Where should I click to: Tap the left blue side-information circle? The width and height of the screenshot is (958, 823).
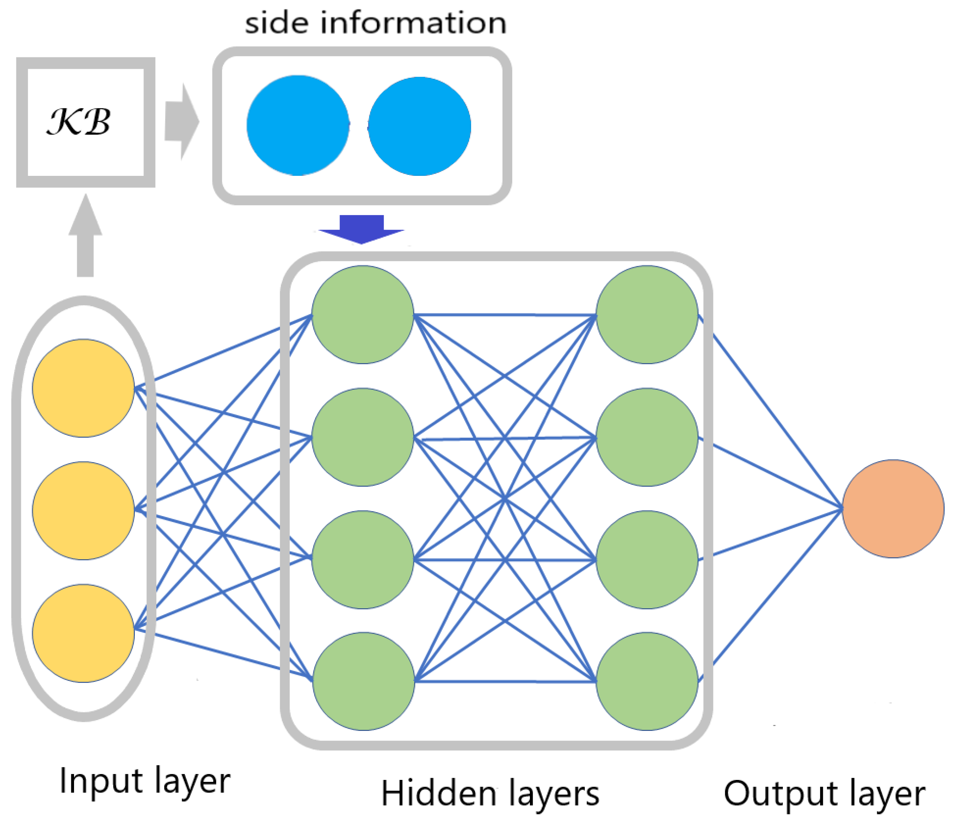(x=298, y=125)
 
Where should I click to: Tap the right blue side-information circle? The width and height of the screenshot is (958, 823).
(x=419, y=126)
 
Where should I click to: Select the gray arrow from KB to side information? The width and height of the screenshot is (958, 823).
(x=181, y=122)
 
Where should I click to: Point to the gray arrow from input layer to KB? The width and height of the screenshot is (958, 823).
(x=85, y=236)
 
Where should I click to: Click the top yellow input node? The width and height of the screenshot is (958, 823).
(x=83, y=388)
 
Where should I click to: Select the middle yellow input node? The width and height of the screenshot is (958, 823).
(x=83, y=511)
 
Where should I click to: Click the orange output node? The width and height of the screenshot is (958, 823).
(x=893, y=508)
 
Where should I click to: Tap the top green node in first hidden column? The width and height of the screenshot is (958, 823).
(x=362, y=315)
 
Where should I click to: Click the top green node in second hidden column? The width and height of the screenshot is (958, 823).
(x=647, y=315)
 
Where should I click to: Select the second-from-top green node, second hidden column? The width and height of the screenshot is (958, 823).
(x=647, y=437)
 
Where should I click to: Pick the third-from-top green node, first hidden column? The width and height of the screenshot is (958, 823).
(x=362, y=560)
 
